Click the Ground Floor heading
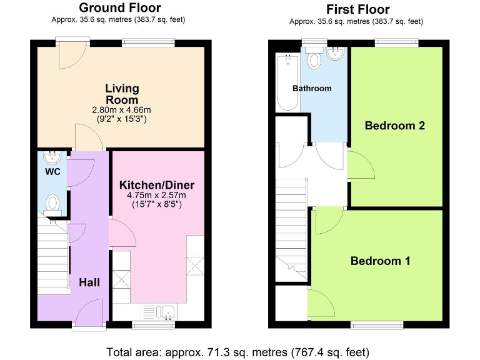120,8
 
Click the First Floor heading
358,9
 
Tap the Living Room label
122,94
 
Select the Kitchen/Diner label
157,185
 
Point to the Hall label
89,282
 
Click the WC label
52,171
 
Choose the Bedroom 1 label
380,261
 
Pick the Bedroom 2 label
395,126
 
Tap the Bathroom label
312,89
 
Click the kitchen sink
159,311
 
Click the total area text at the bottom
240,351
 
